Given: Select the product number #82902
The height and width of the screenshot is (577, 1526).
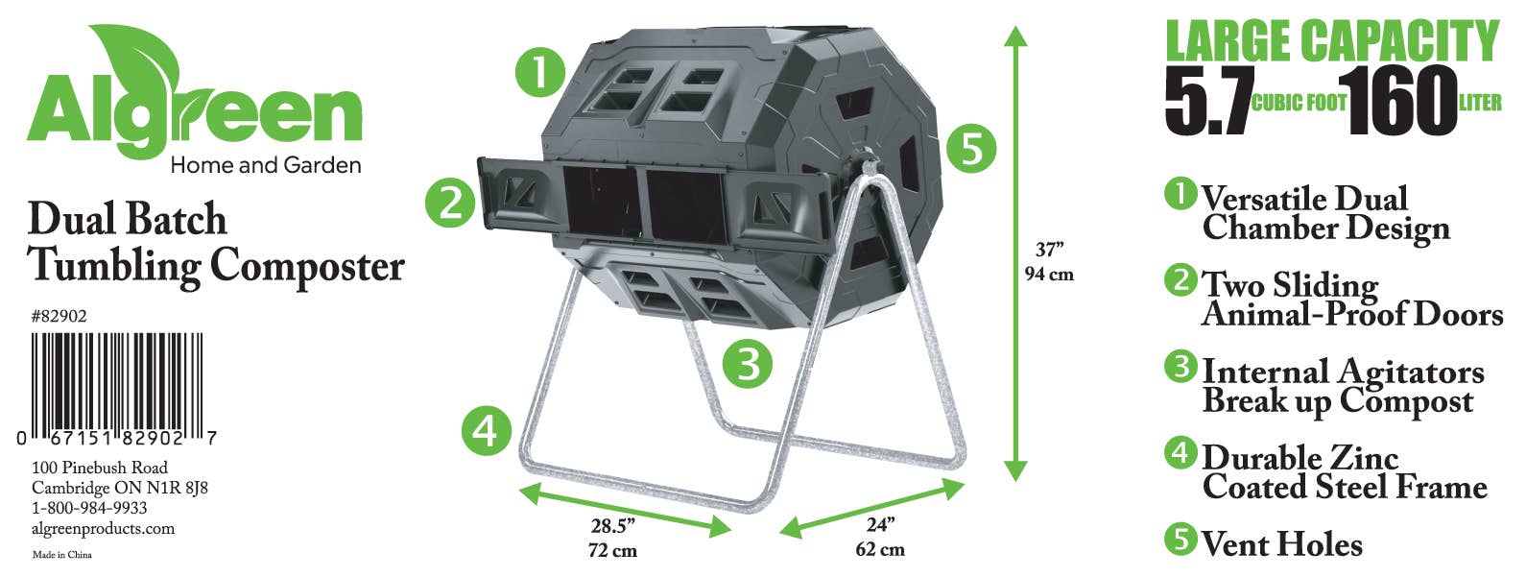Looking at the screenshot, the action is [x=60, y=316].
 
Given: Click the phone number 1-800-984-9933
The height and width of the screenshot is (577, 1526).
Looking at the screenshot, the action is [x=89, y=508].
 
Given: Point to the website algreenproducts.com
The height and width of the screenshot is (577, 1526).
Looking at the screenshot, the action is [x=103, y=529].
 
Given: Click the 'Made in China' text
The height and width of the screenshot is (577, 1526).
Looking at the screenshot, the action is [x=62, y=555].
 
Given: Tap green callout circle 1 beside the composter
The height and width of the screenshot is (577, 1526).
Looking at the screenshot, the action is [x=539, y=72].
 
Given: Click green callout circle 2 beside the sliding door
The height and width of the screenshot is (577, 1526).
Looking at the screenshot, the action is [x=450, y=203].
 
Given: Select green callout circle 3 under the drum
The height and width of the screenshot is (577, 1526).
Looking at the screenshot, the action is [x=748, y=362].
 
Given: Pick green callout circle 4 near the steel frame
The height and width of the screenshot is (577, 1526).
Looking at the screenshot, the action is [x=487, y=430].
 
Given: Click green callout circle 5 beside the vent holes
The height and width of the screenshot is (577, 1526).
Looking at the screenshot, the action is [x=970, y=149].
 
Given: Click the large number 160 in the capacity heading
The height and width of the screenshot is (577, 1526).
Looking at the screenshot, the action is [x=1401, y=101].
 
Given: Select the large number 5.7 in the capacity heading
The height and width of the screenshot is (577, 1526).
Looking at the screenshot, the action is [x=1208, y=101].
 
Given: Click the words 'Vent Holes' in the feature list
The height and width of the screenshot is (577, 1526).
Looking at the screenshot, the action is [x=1281, y=543].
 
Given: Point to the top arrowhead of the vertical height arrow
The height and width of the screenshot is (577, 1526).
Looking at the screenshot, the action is [x=1015, y=36].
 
